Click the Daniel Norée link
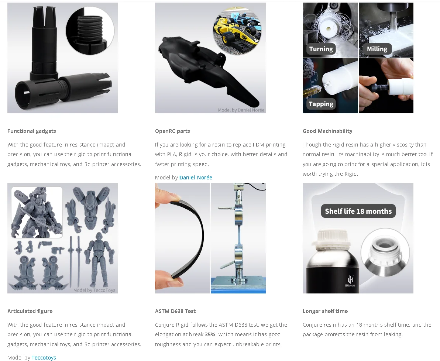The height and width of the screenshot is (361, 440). pos(196,178)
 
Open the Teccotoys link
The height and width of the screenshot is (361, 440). pos(44,358)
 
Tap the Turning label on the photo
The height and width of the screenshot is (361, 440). pos(321,49)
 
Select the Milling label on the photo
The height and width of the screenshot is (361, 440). pos(377,49)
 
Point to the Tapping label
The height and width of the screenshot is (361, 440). pos(321,104)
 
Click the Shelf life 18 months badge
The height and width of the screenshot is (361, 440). pos(358,211)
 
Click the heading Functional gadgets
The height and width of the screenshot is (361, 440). pos(32,131)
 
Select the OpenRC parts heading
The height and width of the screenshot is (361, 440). pos(173,131)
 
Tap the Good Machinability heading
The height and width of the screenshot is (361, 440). pos(327,131)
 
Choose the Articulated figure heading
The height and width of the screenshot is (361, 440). pos(30,311)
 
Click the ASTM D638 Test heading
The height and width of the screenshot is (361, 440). pos(175,311)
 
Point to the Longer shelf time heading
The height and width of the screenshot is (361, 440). pos(325,311)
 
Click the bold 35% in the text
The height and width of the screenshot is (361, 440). pos(210,334)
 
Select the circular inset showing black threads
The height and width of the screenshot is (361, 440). pos(90,30)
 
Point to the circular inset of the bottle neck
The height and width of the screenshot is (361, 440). pos(385,252)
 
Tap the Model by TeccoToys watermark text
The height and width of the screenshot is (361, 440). pos(94,290)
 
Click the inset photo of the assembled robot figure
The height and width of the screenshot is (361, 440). pos(37,212)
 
